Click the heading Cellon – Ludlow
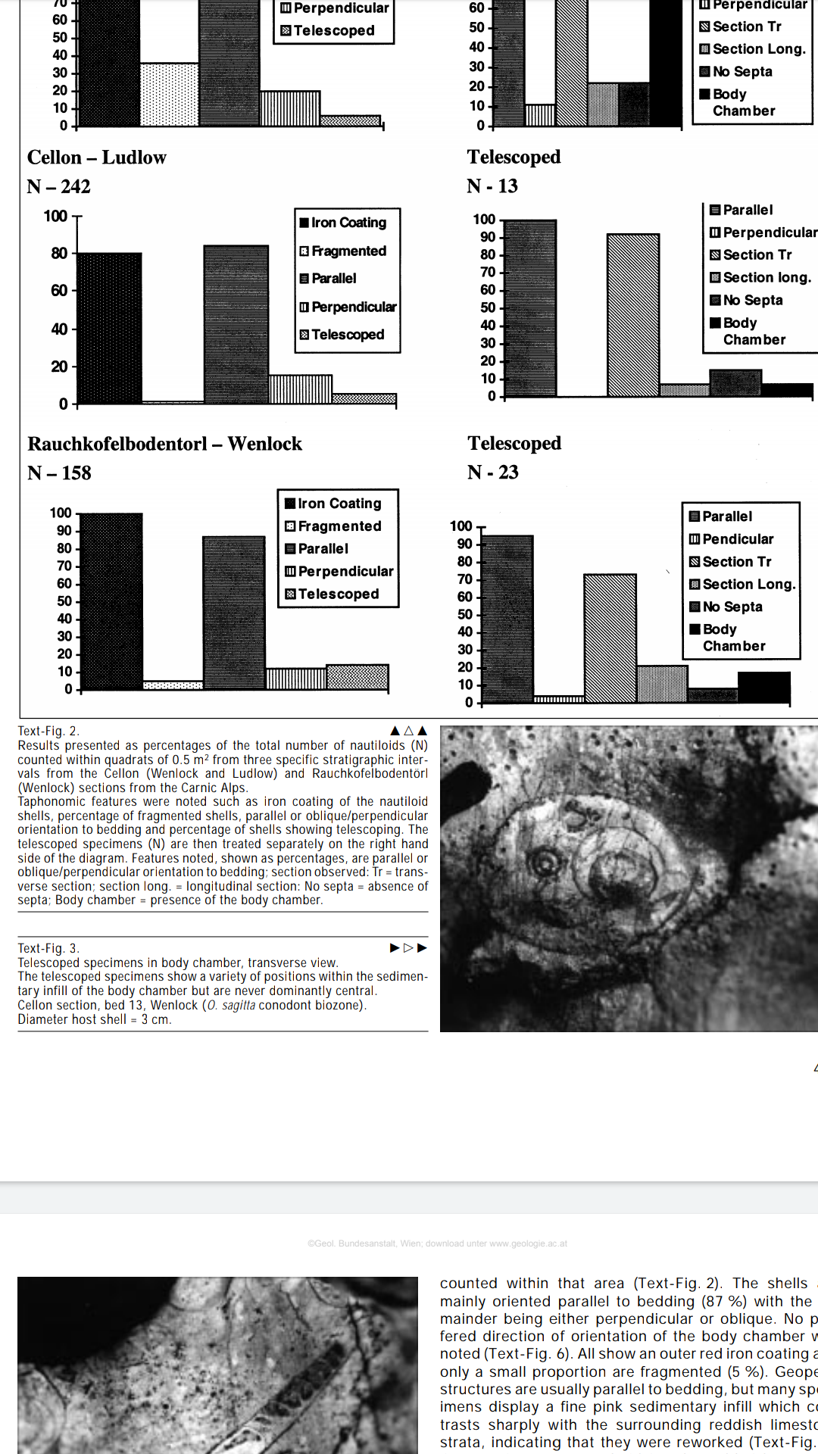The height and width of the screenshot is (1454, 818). [97, 158]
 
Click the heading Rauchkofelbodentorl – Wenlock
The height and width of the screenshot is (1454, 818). [164, 444]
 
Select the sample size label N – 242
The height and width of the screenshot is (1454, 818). [59, 186]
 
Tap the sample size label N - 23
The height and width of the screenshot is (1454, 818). [493, 473]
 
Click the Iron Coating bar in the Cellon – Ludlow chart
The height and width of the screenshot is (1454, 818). [109, 328]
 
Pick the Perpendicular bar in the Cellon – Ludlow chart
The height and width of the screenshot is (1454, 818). [301, 389]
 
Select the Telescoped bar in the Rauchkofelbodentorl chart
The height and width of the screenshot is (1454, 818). [357, 676]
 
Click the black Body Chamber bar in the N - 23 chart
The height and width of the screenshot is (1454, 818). [763, 688]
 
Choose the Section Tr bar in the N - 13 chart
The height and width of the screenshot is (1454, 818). [632, 315]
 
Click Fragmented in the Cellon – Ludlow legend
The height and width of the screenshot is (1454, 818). [348, 251]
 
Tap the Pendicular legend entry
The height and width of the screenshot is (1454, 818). [738, 539]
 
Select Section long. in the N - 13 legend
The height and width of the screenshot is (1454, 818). [766, 278]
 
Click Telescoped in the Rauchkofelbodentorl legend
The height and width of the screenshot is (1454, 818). [338, 594]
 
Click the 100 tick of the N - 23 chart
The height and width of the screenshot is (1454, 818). [461, 526]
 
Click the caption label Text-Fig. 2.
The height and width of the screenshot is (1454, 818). [48, 731]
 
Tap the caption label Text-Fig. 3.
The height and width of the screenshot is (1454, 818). [48, 948]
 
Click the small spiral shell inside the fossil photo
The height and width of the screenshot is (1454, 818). [544, 862]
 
